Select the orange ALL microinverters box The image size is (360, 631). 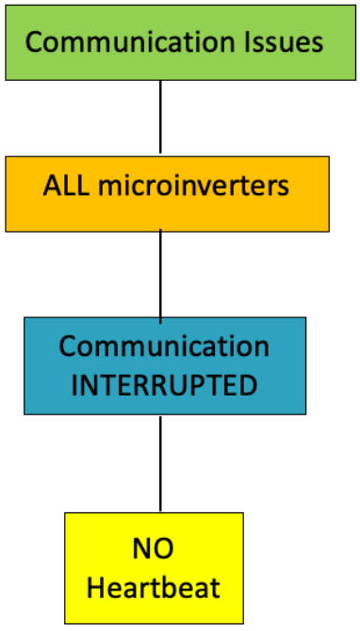[x=167, y=193]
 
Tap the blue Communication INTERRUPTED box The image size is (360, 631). [x=165, y=365]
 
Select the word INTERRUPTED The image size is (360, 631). [x=165, y=384]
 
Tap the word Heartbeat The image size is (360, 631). [x=154, y=589]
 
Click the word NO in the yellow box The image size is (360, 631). [x=154, y=548]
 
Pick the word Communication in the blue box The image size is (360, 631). [x=165, y=346]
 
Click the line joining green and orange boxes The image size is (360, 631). [x=160, y=118]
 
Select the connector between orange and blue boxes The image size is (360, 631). [x=160, y=273]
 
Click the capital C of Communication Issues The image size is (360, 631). [x=34, y=42]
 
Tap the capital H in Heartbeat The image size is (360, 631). [x=94, y=589]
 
